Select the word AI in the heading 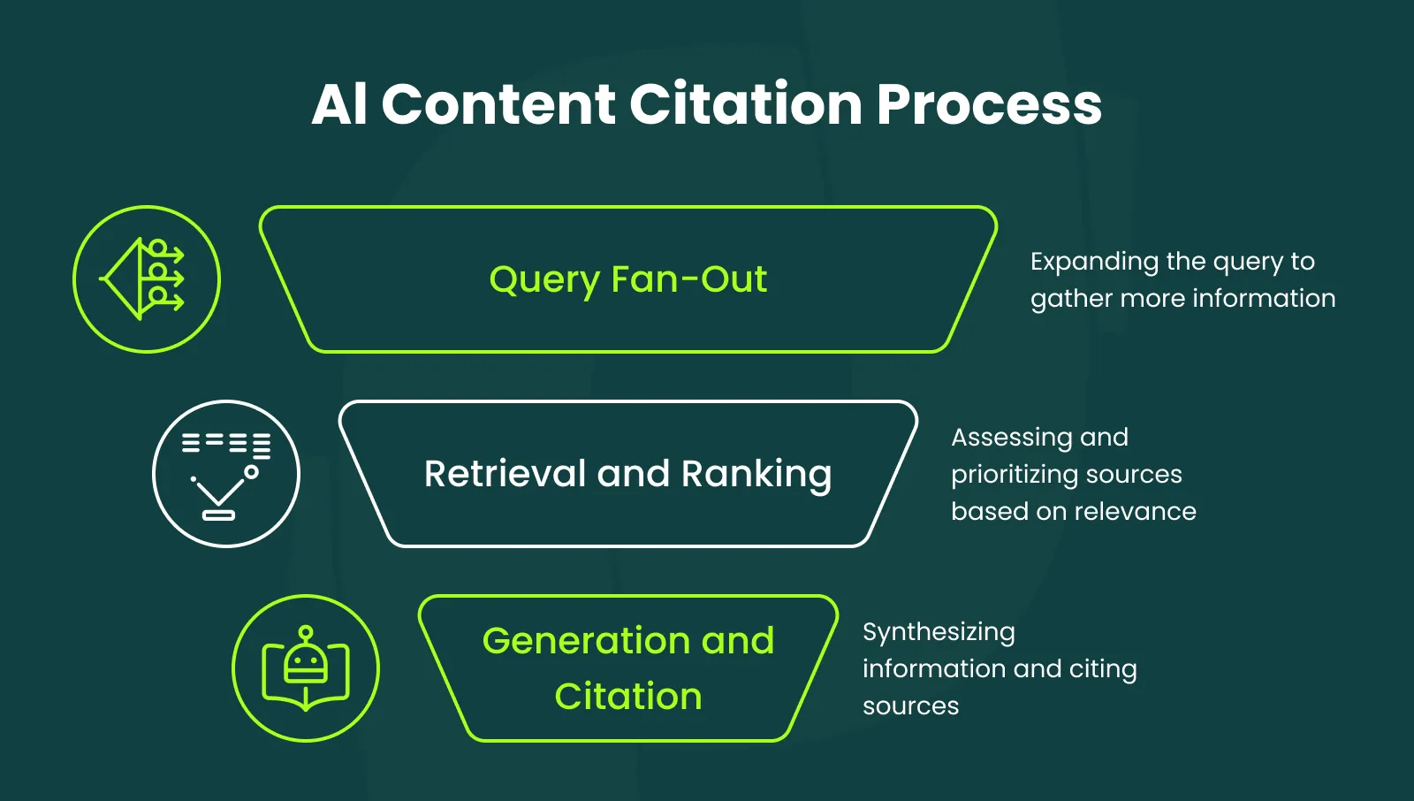pyautogui.click(x=339, y=104)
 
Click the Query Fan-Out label pyautogui.click(x=627, y=279)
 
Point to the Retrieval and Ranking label pyautogui.click(x=627, y=474)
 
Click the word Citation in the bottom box pyautogui.click(x=627, y=697)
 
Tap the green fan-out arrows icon pyautogui.click(x=147, y=279)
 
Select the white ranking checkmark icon pyautogui.click(x=226, y=474)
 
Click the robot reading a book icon pyautogui.click(x=306, y=668)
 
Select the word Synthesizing pyautogui.click(x=939, y=632)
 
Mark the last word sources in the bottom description pyautogui.click(x=910, y=706)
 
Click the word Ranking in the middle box pyautogui.click(x=756, y=474)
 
